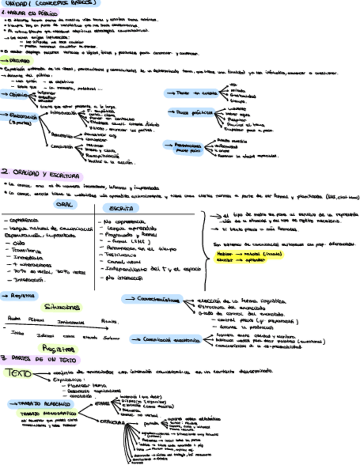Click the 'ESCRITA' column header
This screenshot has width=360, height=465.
point(120,208)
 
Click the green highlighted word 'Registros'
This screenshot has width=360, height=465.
point(58,349)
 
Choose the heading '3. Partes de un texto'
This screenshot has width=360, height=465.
point(41,359)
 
